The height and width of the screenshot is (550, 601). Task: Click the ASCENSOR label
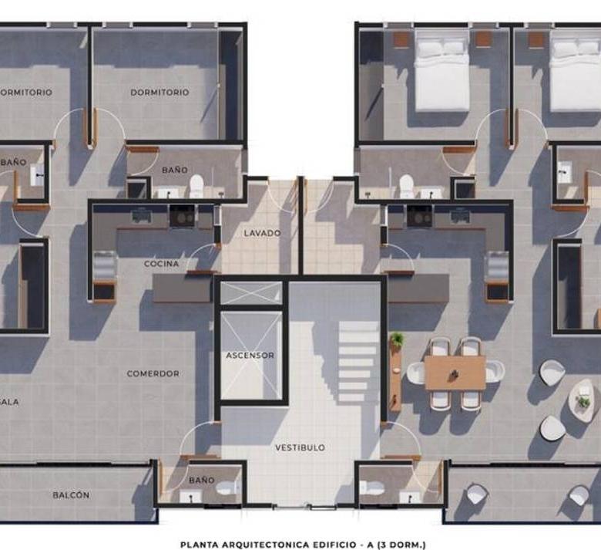click(x=250, y=356)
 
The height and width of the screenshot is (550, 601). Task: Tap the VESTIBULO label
click(x=300, y=447)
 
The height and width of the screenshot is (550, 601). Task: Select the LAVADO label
click(x=263, y=233)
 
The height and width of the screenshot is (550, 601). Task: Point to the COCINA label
click(x=161, y=264)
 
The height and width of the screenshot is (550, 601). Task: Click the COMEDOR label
click(x=153, y=373)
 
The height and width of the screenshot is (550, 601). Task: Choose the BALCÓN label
click(x=72, y=495)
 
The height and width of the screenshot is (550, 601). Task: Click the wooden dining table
click(x=455, y=373)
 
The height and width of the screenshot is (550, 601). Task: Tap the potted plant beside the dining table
click(x=397, y=339)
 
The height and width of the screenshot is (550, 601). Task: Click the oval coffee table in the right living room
click(x=583, y=400)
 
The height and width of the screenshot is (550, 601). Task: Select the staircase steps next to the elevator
click(x=358, y=361)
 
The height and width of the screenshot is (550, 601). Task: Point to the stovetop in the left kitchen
click(x=183, y=216)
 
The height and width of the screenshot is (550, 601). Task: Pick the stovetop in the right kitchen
click(x=420, y=216)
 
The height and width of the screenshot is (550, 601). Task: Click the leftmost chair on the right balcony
click(x=477, y=494)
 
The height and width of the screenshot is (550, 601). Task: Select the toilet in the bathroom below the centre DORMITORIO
click(x=196, y=186)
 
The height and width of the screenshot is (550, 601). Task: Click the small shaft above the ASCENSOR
click(x=251, y=293)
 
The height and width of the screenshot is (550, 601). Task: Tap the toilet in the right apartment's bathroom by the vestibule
click(x=372, y=488)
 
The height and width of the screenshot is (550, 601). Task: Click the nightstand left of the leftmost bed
click(x=401, y=39)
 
